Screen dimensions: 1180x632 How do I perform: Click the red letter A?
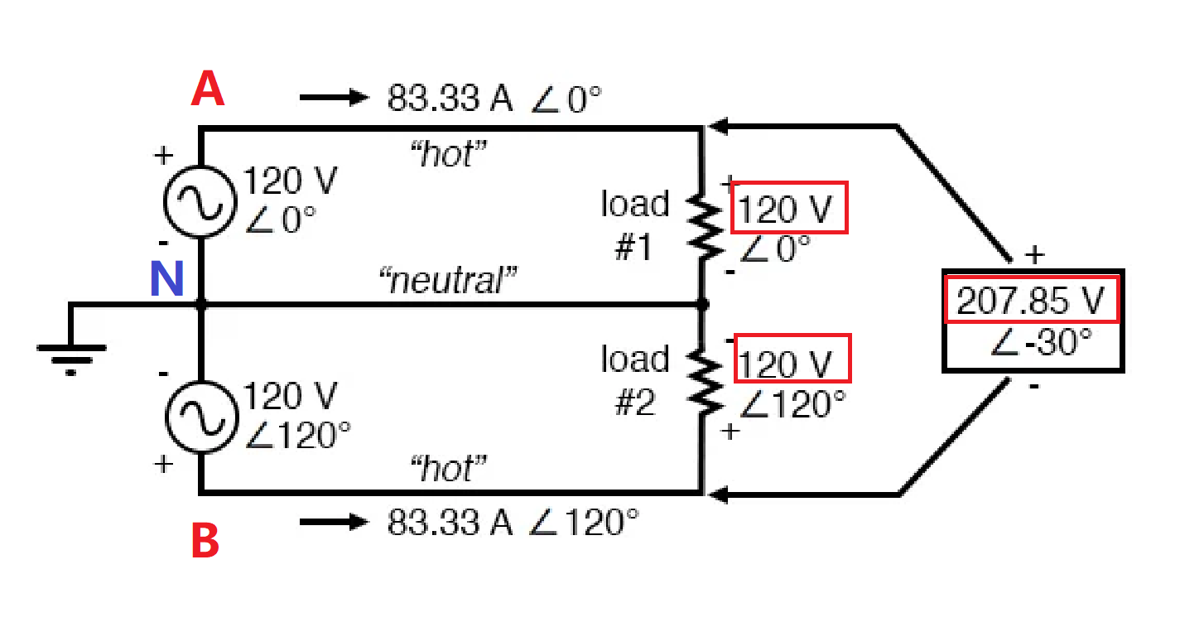[208, 89]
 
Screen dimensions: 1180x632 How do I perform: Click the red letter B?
[205, 540]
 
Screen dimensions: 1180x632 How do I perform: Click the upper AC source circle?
[164, 202]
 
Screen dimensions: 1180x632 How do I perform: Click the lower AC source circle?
[166, 417]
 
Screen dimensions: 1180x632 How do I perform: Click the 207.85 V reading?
[1030, 301]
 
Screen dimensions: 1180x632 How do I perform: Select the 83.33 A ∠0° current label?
[494, 99]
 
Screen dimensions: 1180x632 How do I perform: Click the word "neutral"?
[448, 280]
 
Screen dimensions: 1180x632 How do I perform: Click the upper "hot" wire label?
[448, 154]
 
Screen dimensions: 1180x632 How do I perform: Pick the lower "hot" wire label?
[448, 468]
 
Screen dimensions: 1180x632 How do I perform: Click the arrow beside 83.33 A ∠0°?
[334, 97]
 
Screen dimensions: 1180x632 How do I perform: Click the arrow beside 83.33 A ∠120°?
[334, 522]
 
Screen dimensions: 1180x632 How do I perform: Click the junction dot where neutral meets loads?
[703, 304]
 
